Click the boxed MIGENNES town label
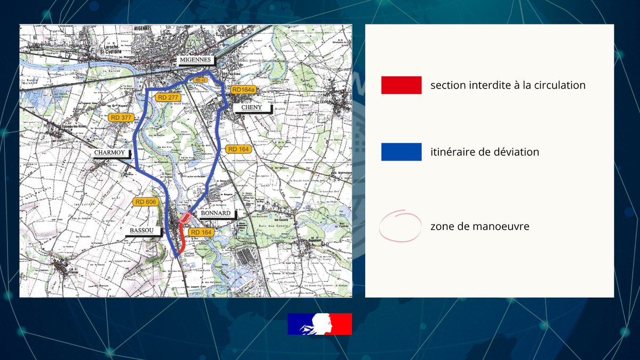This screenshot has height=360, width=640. tap(195, 60)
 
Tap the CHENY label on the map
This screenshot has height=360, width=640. tap(252, 108)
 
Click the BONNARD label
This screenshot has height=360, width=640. tap(215, 213)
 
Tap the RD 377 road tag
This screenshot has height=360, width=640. tap(121, 117)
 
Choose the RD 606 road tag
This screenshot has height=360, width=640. tap(146, 202)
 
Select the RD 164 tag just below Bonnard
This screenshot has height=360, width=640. tap(202, 232)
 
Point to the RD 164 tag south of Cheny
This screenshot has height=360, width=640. tap(238, 149)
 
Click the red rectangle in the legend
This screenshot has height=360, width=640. tap(401, 85)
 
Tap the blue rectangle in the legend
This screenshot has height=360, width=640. tap(401, 152)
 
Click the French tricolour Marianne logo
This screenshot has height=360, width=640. tap(319, 324)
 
